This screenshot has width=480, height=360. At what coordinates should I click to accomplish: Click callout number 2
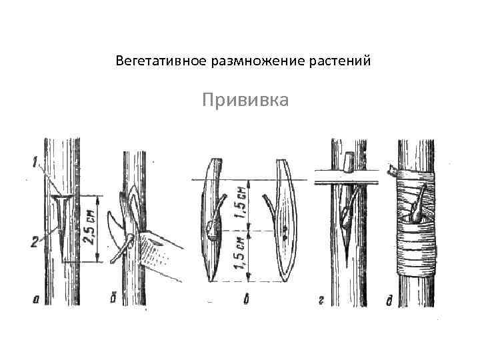(x=35, y=243)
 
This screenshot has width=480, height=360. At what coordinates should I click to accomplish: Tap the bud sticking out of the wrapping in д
(x=419, y=203)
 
